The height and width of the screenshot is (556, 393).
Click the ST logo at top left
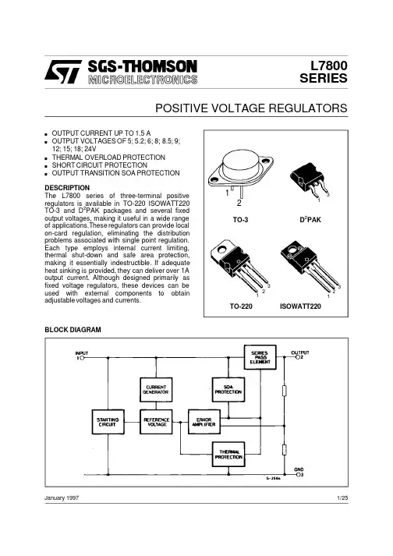tap(63, 72)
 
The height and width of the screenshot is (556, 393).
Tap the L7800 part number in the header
tap(329, 66)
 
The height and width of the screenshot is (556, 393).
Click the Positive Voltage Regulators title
tap(251, 108)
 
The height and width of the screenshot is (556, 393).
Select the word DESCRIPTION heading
tap(67, 188)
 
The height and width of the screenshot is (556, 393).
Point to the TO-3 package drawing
tap(241, 172)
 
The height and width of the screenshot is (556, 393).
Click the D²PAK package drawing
tap(309, 182)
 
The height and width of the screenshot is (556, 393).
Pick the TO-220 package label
tap(241, 306)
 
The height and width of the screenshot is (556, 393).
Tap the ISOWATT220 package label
tap(300, 306)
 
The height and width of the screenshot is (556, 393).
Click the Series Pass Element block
tap(260, 357)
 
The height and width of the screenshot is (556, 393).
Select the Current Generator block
tap(156, 390)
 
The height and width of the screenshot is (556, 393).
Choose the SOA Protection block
tap(228, 390)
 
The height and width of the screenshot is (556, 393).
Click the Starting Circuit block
tap(108, 422)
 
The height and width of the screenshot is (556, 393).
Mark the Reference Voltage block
tap(156, 422)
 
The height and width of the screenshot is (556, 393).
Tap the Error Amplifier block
tap(204, 422)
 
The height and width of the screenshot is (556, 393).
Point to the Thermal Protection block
tap(228, 454)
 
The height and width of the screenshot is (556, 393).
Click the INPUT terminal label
tap(82, 353)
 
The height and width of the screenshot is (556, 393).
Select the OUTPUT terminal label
tap(300, 352)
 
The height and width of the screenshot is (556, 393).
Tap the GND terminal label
tap(299, 469)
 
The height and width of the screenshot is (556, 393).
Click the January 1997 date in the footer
tap(62, 498)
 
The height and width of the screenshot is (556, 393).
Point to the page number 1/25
tap(342, 498)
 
